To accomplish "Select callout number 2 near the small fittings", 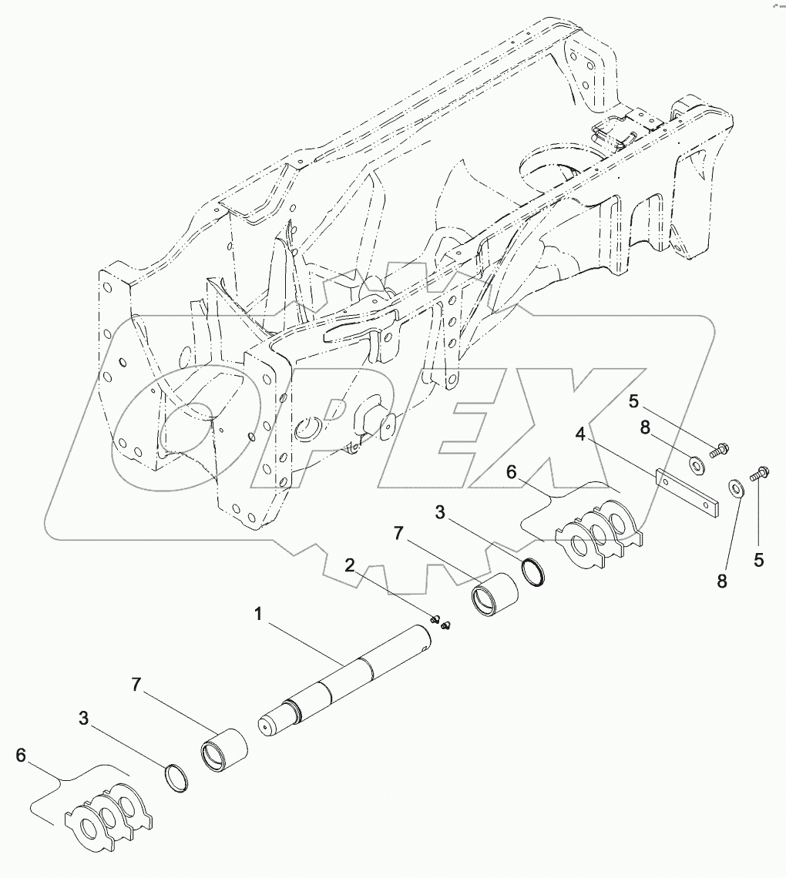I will point(350,566).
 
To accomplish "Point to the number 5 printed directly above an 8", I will point(633,400).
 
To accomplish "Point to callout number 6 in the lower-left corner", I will point(22,755).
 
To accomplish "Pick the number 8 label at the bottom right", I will point(721,582).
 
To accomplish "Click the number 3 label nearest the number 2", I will point(439,511).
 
